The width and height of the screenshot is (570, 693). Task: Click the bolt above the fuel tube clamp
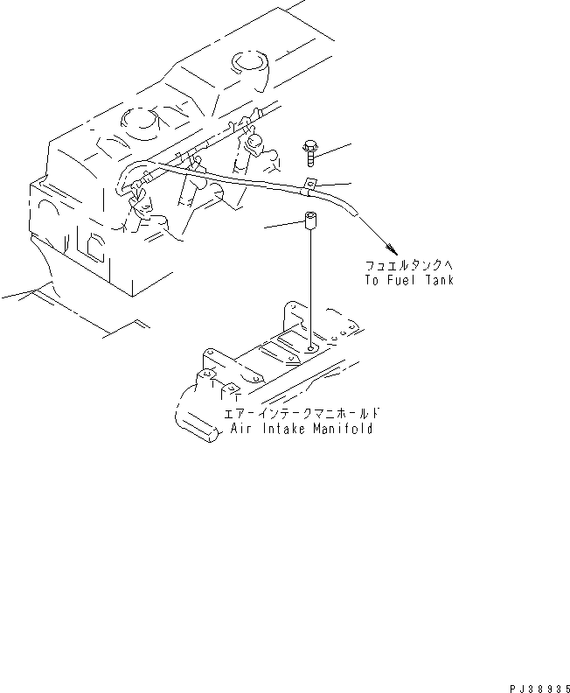310,154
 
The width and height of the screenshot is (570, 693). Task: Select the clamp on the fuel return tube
309,186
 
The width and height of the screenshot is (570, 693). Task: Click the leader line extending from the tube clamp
337,184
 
